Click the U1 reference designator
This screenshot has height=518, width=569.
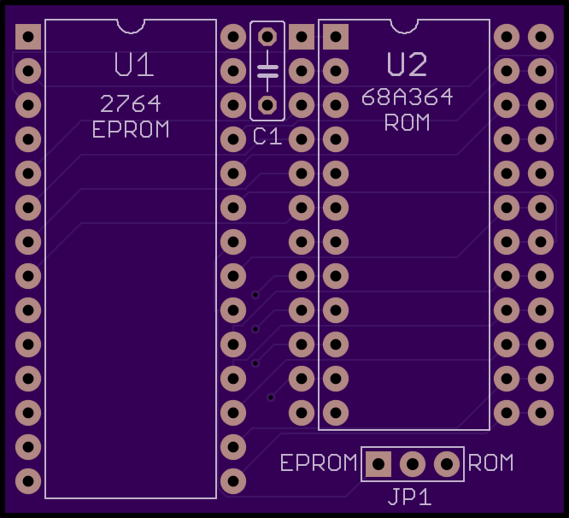(x=134, y=66)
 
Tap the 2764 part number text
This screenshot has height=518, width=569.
(x=131, y=104)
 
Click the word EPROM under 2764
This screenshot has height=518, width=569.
(x=131, y=130)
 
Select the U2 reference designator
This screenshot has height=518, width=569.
(x=407, y=66)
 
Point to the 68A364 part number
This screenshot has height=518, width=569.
(x=407, y=97)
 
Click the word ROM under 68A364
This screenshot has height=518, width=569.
(x=407, y=122)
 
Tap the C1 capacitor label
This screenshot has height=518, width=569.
(x=267, y=136)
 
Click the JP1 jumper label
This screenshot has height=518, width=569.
(x=410, y=497)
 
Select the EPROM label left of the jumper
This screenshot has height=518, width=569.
(x=319, y=463)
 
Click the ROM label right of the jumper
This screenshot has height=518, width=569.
(x=491, y=463)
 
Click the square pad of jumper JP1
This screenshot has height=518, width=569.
(x=378, y=464)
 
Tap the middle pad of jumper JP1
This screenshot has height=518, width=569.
(x=413, y=464)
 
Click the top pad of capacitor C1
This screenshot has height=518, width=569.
(x=267, y=37)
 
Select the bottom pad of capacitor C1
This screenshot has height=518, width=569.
(x=267, y=105)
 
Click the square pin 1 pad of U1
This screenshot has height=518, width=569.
(x=28, y=37)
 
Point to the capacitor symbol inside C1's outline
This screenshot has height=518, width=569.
(x=267, y=71)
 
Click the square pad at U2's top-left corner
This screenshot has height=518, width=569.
(x=336, y=37)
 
